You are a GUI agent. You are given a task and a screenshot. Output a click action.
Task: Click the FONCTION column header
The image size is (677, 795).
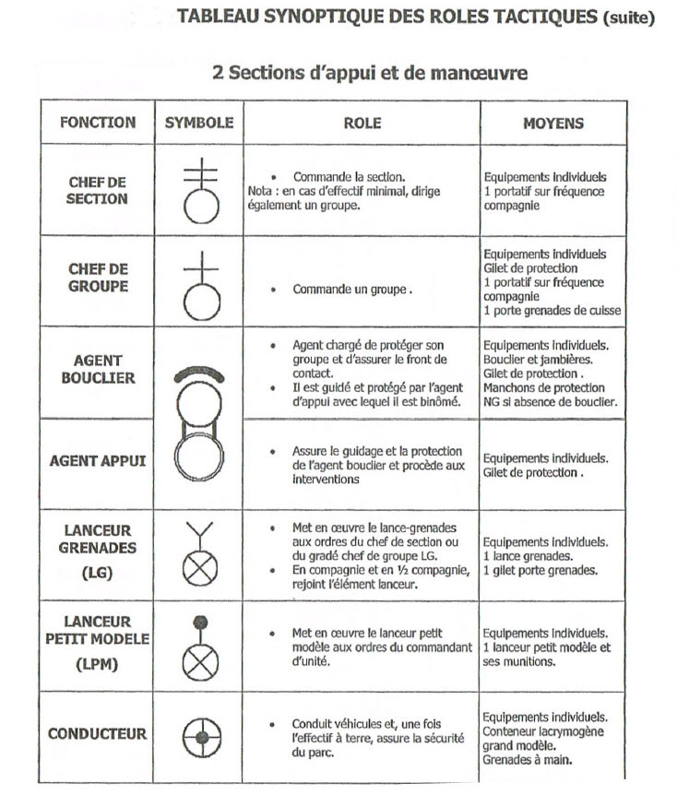(x=97, y=122)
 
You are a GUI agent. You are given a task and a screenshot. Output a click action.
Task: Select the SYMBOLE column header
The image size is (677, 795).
(x=199, y=122)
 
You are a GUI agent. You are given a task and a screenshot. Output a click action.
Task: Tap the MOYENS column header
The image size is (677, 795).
(x=553, y=123)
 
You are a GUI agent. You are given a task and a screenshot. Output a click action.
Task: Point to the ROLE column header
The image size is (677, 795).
(x=362, y=123)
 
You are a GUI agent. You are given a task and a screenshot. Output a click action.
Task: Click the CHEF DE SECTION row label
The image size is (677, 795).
(x=97, y=190)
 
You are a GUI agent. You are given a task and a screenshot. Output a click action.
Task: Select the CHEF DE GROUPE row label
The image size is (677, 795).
(x=97, y=278)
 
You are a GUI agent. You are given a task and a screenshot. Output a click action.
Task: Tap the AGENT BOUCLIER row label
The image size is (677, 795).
(x=98, y=369)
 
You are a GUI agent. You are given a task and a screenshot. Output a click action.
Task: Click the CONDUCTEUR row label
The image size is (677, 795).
(x=98, y=734)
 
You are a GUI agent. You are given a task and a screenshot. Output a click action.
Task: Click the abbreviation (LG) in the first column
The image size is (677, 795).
(x=97, y=572)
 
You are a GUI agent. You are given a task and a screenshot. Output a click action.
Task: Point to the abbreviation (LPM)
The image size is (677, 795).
(x=97, y=663)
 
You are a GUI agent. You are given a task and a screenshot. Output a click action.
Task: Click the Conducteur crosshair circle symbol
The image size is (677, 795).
(x=199, y=737)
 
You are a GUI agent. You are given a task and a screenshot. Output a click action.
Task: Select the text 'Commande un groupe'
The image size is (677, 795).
(x=351, y=289)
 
